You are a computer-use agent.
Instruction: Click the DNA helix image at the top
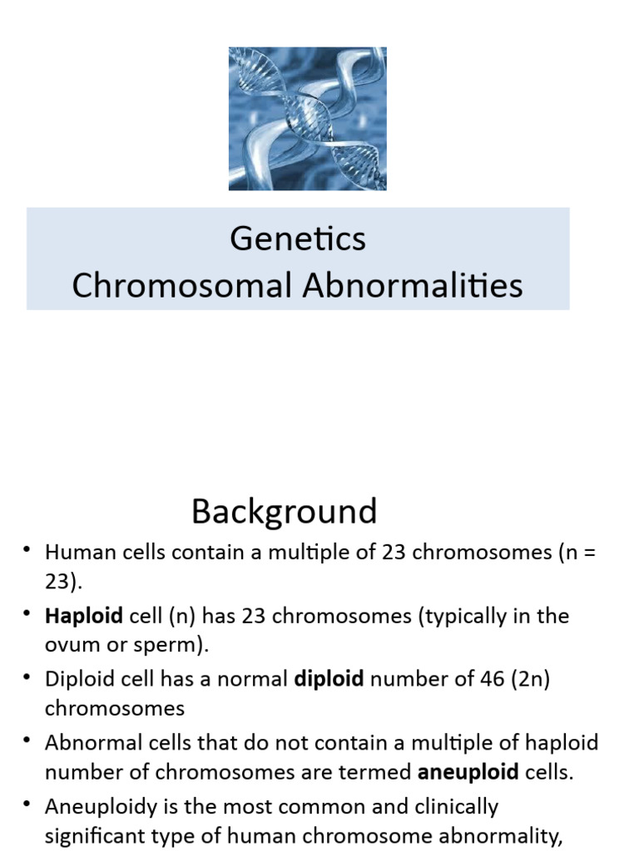(x=307, y=119)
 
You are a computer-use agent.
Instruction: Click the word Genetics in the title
(x=297, y=239)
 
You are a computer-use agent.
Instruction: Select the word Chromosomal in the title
(x=182, y=286)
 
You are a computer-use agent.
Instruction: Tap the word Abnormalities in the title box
(x=413, y=286)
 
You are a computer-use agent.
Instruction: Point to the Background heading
(x=284, y=511)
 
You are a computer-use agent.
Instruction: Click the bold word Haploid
(x=84, y=616)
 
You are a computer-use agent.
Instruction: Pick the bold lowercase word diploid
(x=329, y=679)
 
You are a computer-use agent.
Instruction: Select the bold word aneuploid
(x=468, y=772)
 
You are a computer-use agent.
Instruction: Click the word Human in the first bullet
(x=71, y=553)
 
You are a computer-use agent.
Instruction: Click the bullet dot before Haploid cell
(x=27, y=614)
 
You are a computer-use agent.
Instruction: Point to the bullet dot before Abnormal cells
(x=27, y=740)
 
